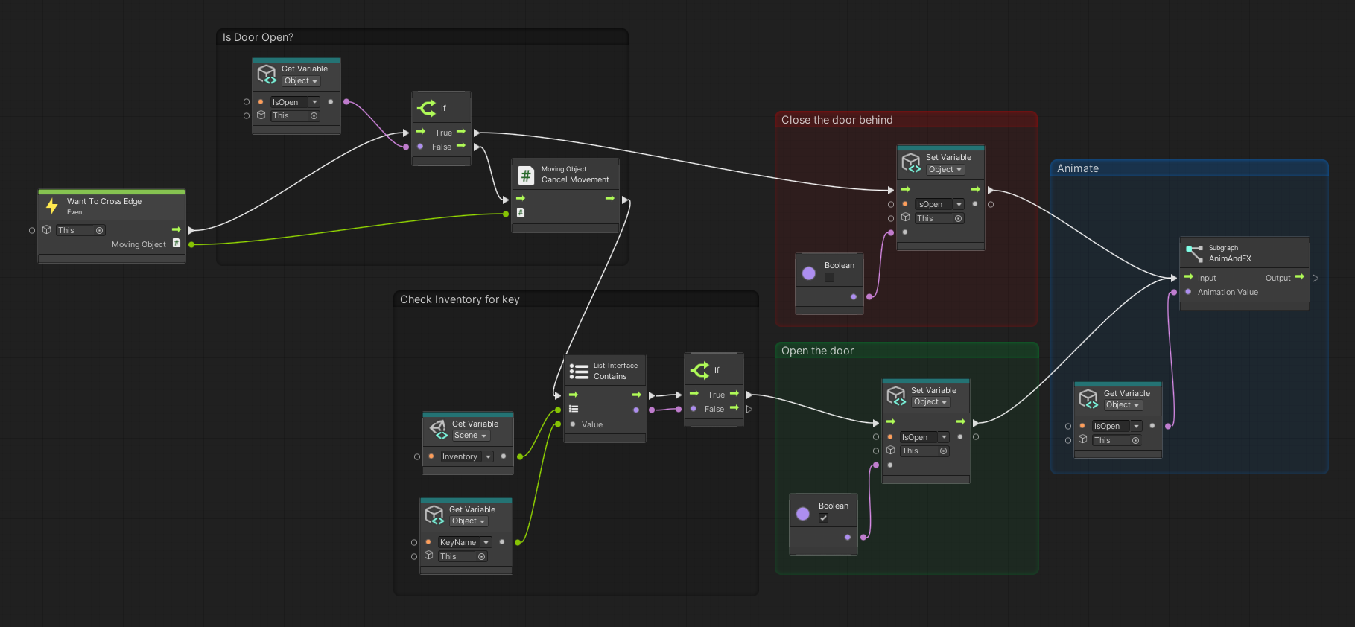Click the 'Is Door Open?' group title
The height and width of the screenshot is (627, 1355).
258,37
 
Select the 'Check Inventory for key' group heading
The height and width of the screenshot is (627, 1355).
460,299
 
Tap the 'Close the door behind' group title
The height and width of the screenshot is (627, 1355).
837,120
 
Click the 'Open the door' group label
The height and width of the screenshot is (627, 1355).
817,351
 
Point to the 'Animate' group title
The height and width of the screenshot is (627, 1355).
1077,168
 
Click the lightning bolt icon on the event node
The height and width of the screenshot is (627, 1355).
52,206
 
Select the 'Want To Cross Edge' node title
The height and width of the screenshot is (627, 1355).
104,201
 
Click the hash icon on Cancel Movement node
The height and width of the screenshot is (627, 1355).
526,175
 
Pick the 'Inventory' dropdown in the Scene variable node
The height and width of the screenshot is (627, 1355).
466,456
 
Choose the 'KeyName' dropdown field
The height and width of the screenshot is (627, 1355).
464,542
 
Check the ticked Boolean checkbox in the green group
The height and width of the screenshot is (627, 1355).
823,518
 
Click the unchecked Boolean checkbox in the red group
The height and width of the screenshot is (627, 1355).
829,277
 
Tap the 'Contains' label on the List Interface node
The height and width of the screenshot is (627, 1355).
610,376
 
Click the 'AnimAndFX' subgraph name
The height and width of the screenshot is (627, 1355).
1230,258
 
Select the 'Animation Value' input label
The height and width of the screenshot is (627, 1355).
1228,292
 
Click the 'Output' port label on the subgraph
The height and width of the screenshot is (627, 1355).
1278,278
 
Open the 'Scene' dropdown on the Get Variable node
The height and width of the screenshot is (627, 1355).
470,436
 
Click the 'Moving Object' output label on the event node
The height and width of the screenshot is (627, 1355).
139,244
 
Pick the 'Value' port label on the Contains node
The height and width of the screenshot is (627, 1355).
592,424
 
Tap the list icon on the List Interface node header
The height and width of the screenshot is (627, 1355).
579,371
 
